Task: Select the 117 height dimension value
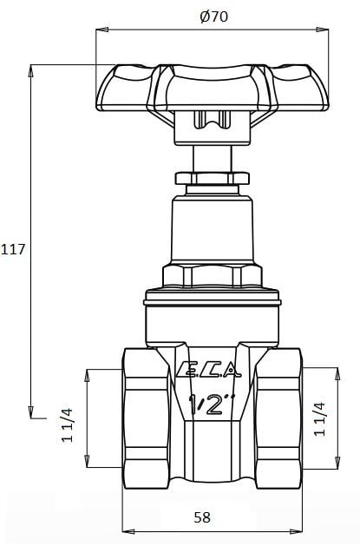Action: pos(14,249)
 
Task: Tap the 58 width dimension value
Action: pos(201,517)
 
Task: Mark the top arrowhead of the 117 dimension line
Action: pos(31,68)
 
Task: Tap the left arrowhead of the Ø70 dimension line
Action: pos(99,30)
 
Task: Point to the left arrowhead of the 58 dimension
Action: pos(127,530)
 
